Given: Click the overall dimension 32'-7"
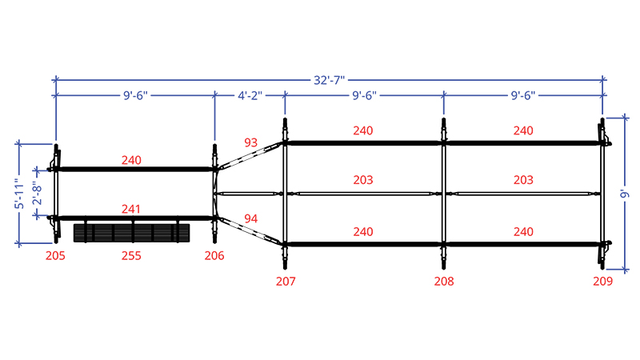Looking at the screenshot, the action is coord(329,80).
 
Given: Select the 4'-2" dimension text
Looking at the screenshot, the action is coord(250,95).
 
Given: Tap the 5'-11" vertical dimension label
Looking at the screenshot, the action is coord(19,194).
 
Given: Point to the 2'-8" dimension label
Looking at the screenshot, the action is coord(37,194).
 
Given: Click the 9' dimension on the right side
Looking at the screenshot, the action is coord(625,194).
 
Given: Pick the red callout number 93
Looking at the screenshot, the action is coord(250,142).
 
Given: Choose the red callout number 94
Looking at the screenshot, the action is coord(250,218).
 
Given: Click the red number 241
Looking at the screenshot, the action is coord(131,209).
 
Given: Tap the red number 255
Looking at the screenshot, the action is coord(131,256).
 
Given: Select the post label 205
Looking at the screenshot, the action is coord(55,256).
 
